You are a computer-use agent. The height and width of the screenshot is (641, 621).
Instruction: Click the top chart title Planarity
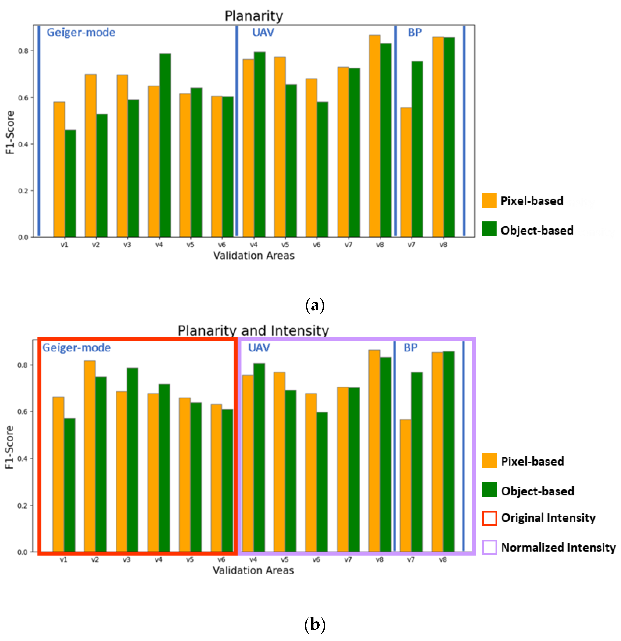click(x=254, y=16)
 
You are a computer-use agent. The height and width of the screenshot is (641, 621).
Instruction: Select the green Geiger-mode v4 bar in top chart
click(x=165, y=145)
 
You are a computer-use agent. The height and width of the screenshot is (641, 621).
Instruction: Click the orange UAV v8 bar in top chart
click(x=374, y=136)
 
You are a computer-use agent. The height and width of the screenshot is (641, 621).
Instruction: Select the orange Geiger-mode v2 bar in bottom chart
click(x=90, y=456)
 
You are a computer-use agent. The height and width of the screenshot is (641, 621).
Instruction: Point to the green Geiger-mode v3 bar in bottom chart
click(x=132, y=460)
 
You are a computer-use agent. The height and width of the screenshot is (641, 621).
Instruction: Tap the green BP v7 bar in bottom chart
click(x=417, y=462)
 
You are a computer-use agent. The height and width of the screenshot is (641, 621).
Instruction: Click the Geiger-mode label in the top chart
click(x=81, y=32)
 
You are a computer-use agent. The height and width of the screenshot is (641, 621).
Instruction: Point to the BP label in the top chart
click(x=415, y=32)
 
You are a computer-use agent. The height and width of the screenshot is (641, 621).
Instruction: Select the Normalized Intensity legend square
click(x=489, y=547)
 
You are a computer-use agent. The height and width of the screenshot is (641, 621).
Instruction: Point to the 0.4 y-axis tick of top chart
click(x=23, y=144)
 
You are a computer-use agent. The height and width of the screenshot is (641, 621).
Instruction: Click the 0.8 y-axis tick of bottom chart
click(x=22, y=365)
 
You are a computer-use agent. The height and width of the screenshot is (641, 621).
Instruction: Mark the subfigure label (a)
click(x=315, y=305)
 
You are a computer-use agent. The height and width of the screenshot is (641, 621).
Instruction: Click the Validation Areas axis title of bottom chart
click(x=253, y=570)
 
